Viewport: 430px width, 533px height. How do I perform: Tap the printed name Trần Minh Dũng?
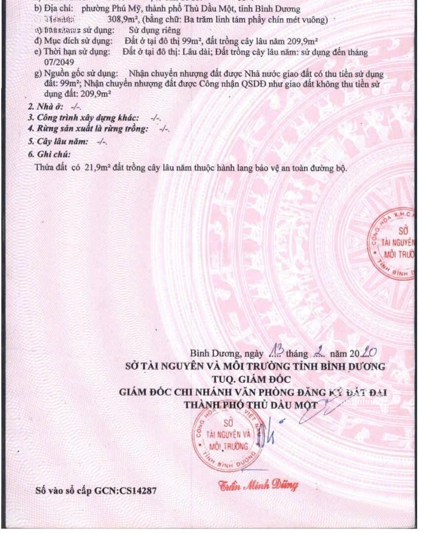[258, 486]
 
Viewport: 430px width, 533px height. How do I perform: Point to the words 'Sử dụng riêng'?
[144, 31]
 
